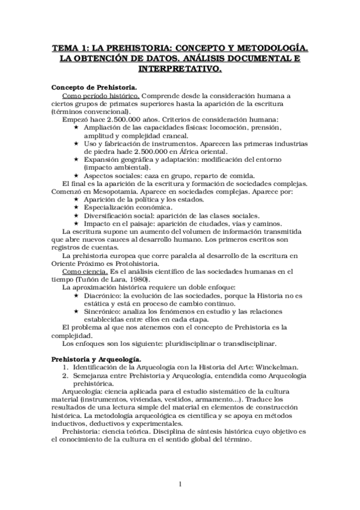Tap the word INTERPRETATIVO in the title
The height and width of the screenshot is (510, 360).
point(180,69)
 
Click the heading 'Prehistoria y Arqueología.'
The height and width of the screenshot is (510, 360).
point(98,358)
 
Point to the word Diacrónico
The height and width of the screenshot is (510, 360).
point(105,295)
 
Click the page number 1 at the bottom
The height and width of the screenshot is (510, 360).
point(180,484)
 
